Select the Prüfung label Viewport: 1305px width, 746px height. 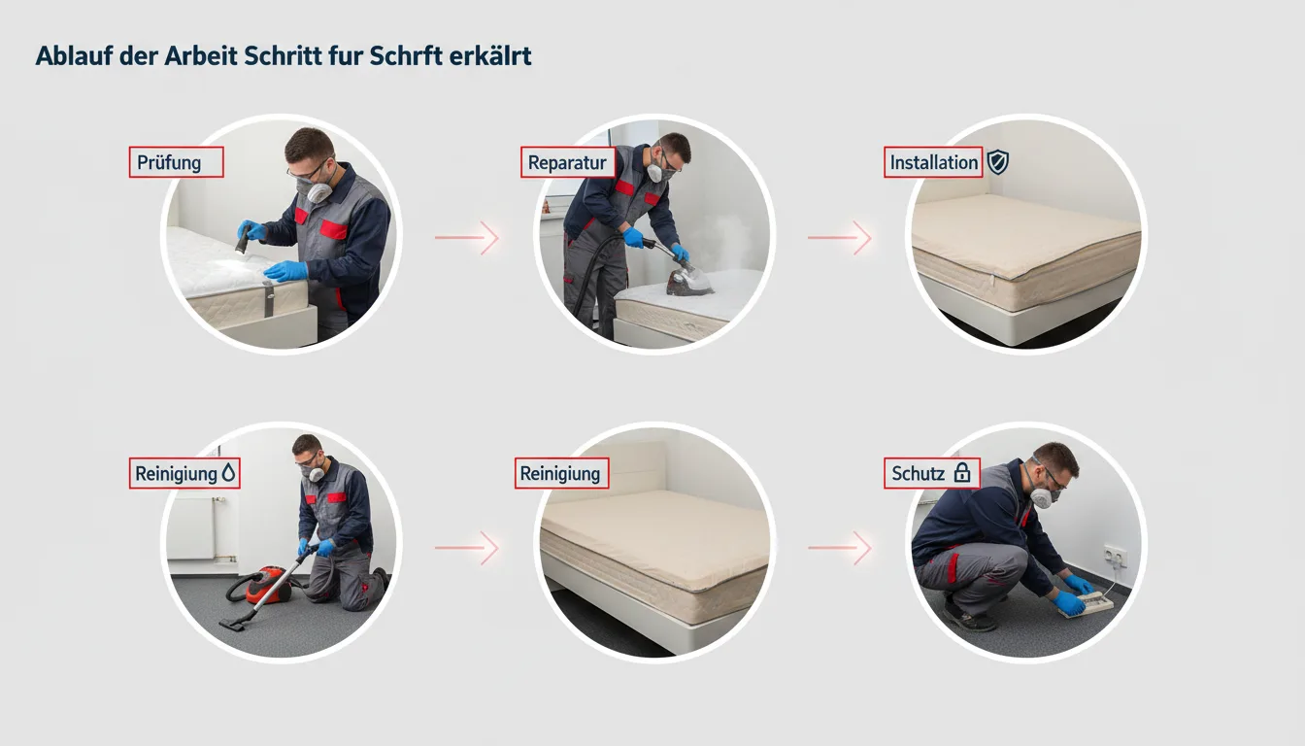point(176,162)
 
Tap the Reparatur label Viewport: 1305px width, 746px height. point(567,162)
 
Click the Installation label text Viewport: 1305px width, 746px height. point(934,162)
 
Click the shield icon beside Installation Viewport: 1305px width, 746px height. point(997,162)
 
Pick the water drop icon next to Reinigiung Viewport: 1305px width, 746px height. point(229,473)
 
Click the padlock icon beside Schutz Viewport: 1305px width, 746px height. point(962,473)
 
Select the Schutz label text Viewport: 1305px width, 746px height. point(918,473)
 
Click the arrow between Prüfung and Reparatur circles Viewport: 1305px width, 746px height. point(467,237)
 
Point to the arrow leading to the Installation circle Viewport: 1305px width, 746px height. point(840,237)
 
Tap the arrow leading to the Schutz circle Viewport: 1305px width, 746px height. point(840,547)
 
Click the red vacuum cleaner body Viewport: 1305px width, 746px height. point(267,585)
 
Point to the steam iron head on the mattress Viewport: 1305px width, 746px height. point(688,282)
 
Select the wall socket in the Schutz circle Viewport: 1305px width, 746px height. point(1115,556)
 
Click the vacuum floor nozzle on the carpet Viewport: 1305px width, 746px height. point(233,625)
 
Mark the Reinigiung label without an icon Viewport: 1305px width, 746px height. point(561,473)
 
